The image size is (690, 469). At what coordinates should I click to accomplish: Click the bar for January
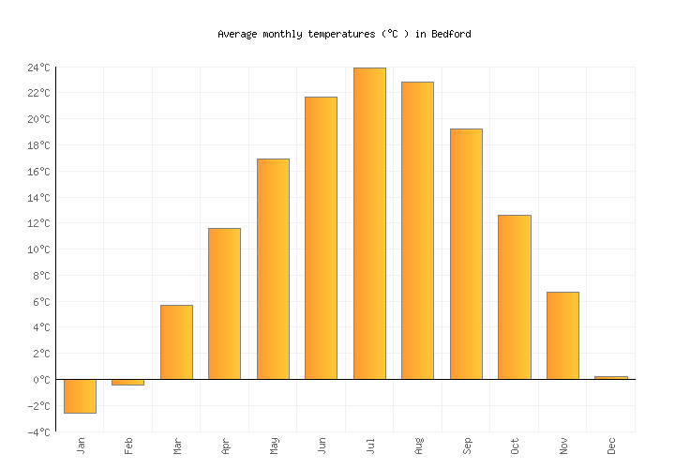[x=80, y=396]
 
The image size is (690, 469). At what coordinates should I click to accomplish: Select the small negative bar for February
[x=127, y=382]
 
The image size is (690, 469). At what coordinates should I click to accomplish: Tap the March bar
[x=176, y=342]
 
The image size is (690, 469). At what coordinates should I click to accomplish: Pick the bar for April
[x=224, y=304]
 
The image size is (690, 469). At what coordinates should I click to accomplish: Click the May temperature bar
[x=273, y=269]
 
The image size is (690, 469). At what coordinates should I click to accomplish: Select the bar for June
[x=321, y=238]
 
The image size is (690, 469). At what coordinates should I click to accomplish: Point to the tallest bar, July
[x=369, y=223]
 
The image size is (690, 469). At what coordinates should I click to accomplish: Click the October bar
[x=514, y=297]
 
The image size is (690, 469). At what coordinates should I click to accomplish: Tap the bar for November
[x=562, y=336]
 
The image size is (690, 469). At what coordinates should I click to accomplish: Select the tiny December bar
[x=610, y=378]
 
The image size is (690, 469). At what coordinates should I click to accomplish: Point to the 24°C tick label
[x=38, y=68]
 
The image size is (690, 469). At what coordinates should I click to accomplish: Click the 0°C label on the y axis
[x=41, y=380]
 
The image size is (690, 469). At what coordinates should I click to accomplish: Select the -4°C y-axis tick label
[x=38, y=432]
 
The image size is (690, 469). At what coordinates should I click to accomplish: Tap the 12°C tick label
[x=38, y=223]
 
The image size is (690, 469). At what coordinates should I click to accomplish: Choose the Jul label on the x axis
[x=370, y=446]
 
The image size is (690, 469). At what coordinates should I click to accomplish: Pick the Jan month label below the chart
[x=81, y=446]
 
